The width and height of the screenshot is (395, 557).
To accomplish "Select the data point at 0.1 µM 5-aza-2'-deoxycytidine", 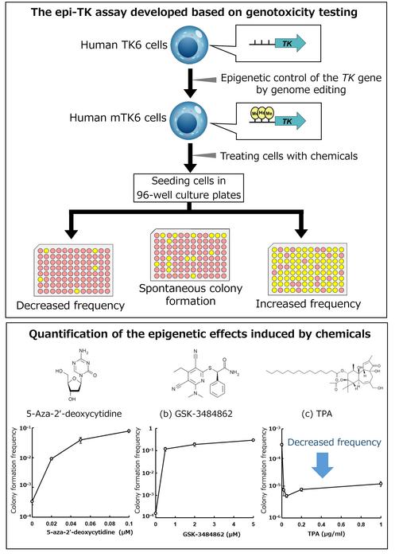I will tap(127, 431).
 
